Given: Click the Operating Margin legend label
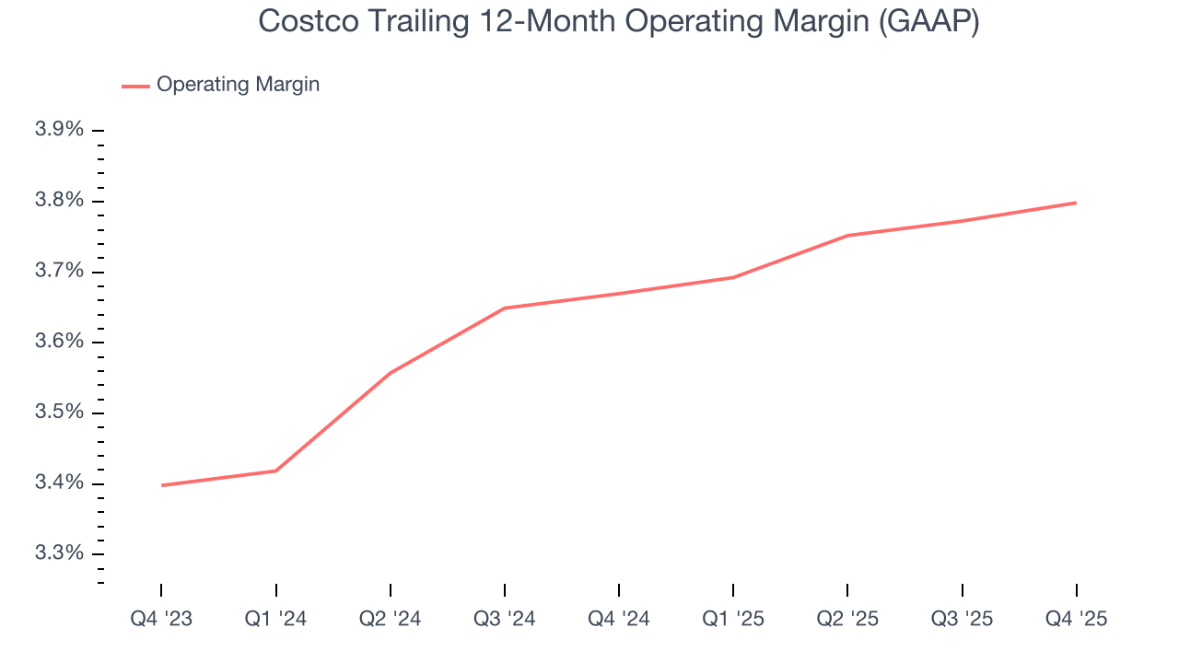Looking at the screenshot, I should [238, 85].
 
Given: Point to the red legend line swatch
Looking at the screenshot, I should [135, 86].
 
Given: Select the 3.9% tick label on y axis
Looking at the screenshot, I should [59, 130].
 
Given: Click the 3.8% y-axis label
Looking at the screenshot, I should [59, 201].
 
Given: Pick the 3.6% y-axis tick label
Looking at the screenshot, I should [59, 342].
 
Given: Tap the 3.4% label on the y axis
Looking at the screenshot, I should [59, 483].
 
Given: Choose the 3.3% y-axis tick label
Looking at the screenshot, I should [59, 553].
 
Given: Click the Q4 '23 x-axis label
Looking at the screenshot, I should [161, 619].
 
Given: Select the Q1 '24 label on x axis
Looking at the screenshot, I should [275, 619].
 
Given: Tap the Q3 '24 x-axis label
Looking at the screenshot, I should [505, 619].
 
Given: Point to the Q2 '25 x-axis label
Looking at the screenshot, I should [847, 619].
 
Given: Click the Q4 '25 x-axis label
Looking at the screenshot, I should [1077, 619].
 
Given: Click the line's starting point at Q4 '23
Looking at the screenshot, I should [162, 485].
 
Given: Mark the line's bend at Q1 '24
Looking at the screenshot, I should [275, 471].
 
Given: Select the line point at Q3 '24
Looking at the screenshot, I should [505, 308].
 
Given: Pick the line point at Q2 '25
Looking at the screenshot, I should [847, 235].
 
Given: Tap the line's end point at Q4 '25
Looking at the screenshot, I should [1076, 203].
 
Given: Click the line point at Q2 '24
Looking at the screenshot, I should [391, 373].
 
